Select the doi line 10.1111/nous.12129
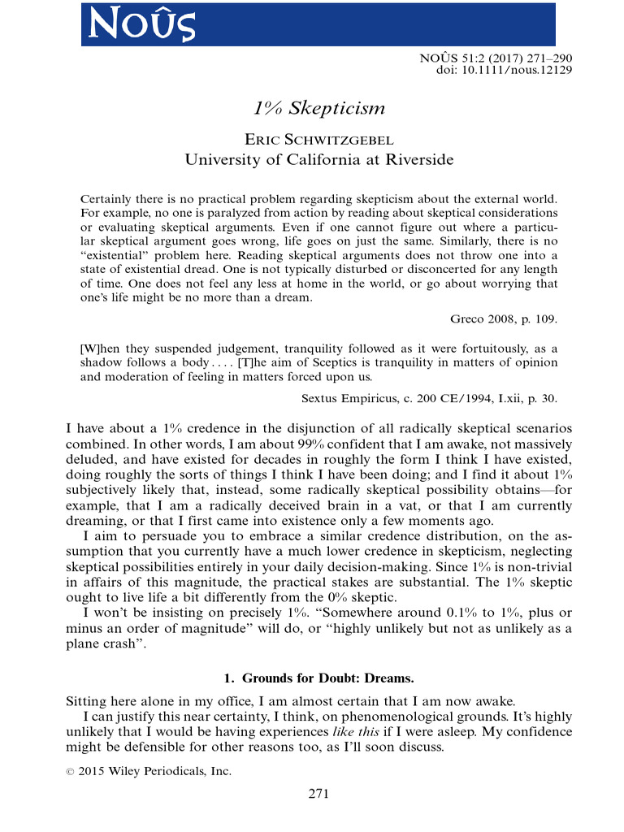tap(504, 71)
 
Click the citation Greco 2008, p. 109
tap(504, 318)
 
